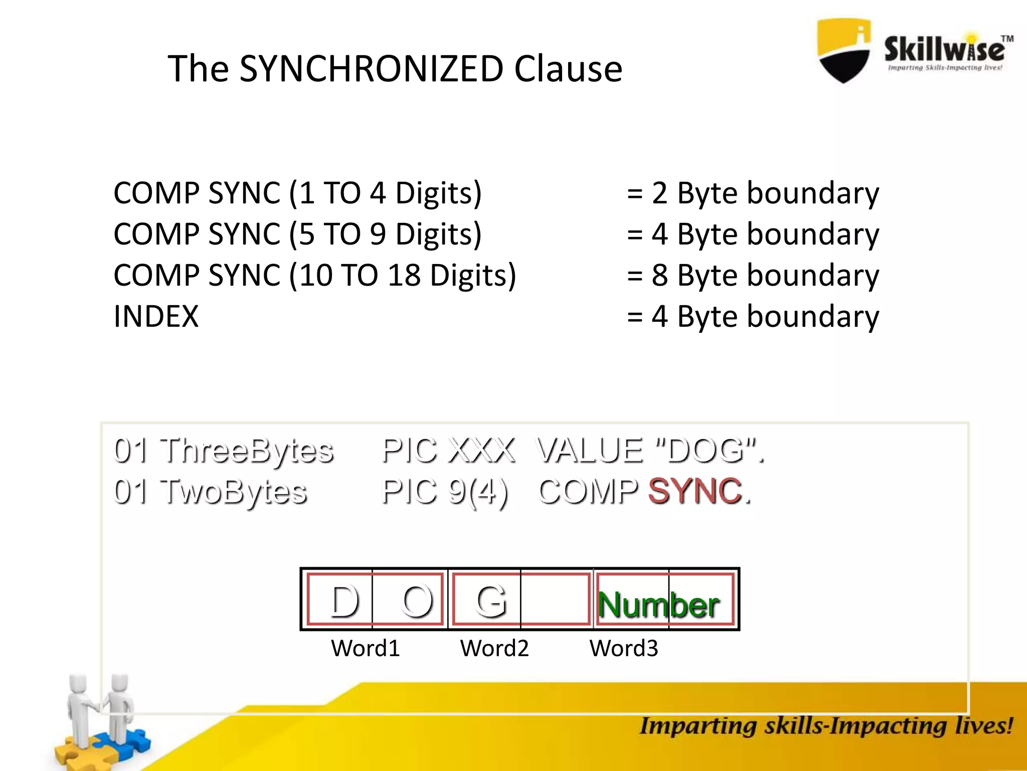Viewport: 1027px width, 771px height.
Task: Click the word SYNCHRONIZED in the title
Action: click(371, 69)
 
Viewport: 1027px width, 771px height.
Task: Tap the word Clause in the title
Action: click(568, 69)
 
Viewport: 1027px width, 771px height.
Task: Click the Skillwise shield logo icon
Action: click(844, 50)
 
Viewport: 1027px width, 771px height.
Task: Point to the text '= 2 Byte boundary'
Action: click(753, 193)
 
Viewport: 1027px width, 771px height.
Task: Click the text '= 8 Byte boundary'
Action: click(753, 276)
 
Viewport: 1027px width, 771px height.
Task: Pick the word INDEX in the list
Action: click(156, 317)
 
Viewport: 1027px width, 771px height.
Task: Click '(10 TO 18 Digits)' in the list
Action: click(403, 276)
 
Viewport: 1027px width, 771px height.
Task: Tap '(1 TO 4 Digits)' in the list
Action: click(385, 193)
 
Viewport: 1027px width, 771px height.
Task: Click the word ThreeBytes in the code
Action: click(246, 450)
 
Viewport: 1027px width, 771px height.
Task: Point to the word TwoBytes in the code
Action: click(233, 491)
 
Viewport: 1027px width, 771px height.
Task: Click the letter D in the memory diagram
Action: click(345, 601)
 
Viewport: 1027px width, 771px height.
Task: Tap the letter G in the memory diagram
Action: click(491, 601)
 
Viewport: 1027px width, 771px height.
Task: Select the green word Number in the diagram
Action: click(658, 605)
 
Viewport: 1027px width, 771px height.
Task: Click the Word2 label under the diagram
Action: click(494, 649)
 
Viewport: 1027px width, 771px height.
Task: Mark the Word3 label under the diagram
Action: click(623, 649)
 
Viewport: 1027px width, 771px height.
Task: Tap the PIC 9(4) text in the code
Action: click(445, 491)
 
